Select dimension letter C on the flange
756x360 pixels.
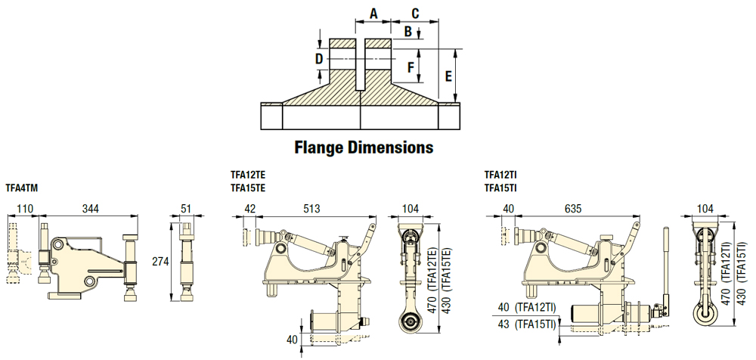(415, 14)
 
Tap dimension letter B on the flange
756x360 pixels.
(408, 31)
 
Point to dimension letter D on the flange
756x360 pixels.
(319, 58)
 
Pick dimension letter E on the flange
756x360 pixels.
(448, 76)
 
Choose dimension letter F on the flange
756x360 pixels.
(411, 67)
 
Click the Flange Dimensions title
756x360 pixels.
(364, 147)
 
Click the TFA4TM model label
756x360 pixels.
(23, 187)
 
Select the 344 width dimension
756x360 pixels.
(90, 208)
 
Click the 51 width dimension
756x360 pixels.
(187, 208)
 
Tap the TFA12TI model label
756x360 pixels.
(500, 173)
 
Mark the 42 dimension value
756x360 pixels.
(250, 208)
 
